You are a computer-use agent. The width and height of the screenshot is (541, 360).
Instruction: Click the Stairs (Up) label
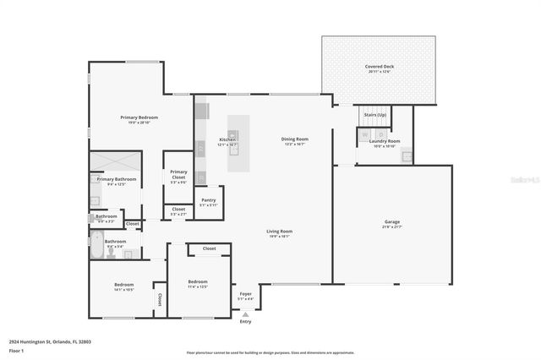[374, 114]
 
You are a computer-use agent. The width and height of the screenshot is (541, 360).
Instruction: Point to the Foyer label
[245, 293]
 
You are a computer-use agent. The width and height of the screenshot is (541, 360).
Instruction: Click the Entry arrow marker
[245, 314]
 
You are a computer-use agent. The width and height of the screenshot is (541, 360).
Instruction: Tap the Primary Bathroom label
[116, 179]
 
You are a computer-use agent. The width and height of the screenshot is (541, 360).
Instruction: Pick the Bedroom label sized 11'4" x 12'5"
[197, 281]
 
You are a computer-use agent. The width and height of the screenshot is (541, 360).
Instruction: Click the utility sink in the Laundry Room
[406, 155]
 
